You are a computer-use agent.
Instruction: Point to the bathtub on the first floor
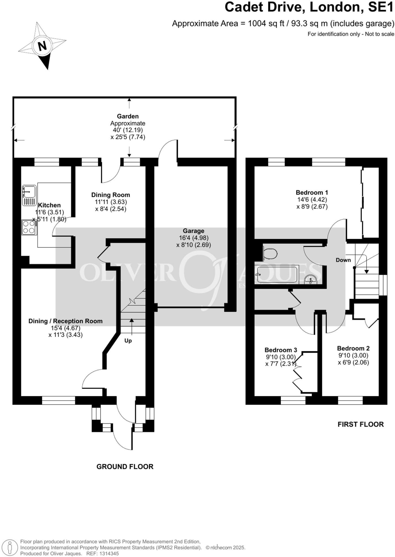coord(277,275)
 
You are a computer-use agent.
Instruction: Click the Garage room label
coord(193,231)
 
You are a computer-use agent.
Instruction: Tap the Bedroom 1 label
coord(312,193)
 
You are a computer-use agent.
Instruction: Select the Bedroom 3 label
coord(281,350)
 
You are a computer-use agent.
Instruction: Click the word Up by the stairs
coord(128,341)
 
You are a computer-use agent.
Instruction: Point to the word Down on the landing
coord(343,260)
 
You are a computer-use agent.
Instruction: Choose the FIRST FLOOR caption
coord(360,424)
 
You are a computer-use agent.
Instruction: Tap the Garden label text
coord(128,116)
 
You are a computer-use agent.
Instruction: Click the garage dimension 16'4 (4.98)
coord(193,238)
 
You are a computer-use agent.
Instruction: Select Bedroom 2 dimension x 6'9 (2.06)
coord(353,362)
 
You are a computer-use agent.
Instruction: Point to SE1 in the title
coord(381,7)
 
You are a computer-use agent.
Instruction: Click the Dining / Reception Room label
coord(66,321)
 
